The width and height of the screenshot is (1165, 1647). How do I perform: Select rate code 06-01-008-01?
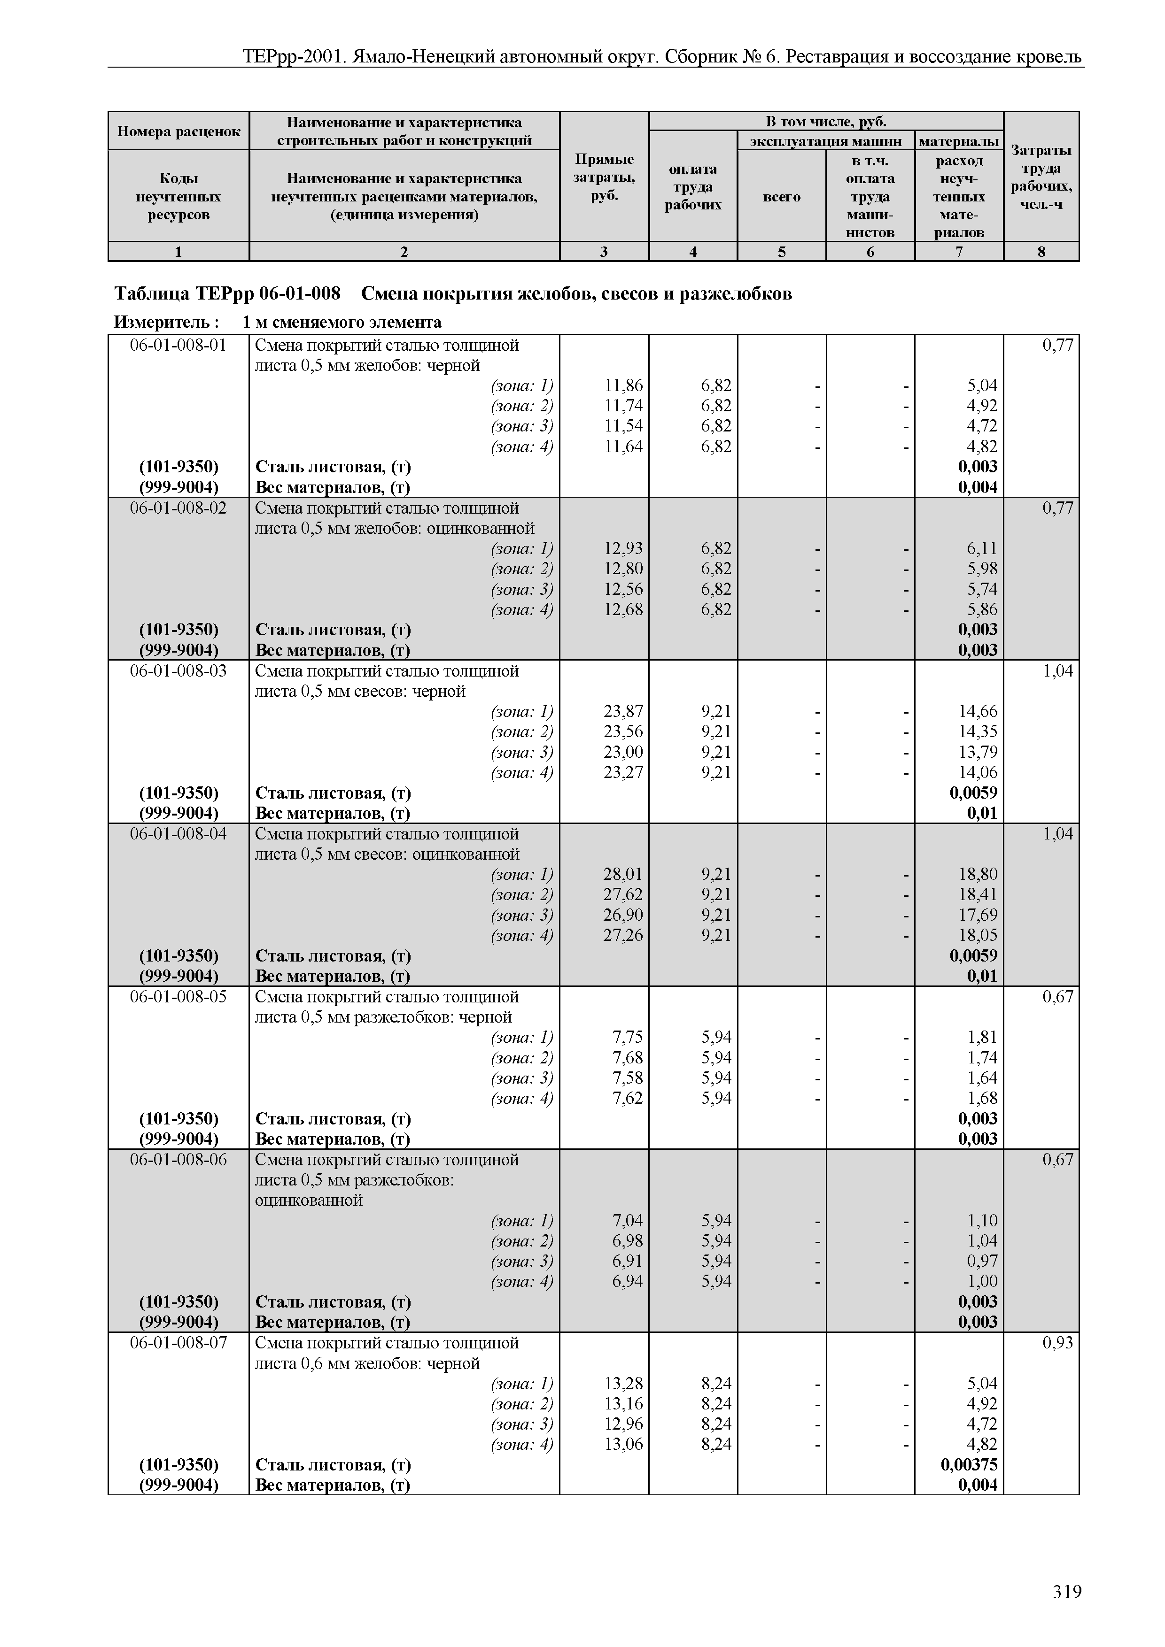pos(178,345)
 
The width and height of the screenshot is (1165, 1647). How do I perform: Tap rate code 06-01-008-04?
pos(178,833)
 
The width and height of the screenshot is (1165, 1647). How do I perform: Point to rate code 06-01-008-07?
pos(178,1343)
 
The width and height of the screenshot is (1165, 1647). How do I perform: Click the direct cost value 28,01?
pos(623,874)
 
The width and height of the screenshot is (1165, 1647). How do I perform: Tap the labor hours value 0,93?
pos(1057,1343)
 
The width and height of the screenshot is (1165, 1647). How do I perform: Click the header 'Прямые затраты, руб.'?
pos(604,177)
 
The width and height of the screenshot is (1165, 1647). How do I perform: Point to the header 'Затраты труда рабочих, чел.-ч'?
pos(1041,177)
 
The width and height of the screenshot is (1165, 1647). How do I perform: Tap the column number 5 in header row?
pos(782,252)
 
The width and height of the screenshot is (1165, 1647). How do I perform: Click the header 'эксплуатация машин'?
pos(825,140)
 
